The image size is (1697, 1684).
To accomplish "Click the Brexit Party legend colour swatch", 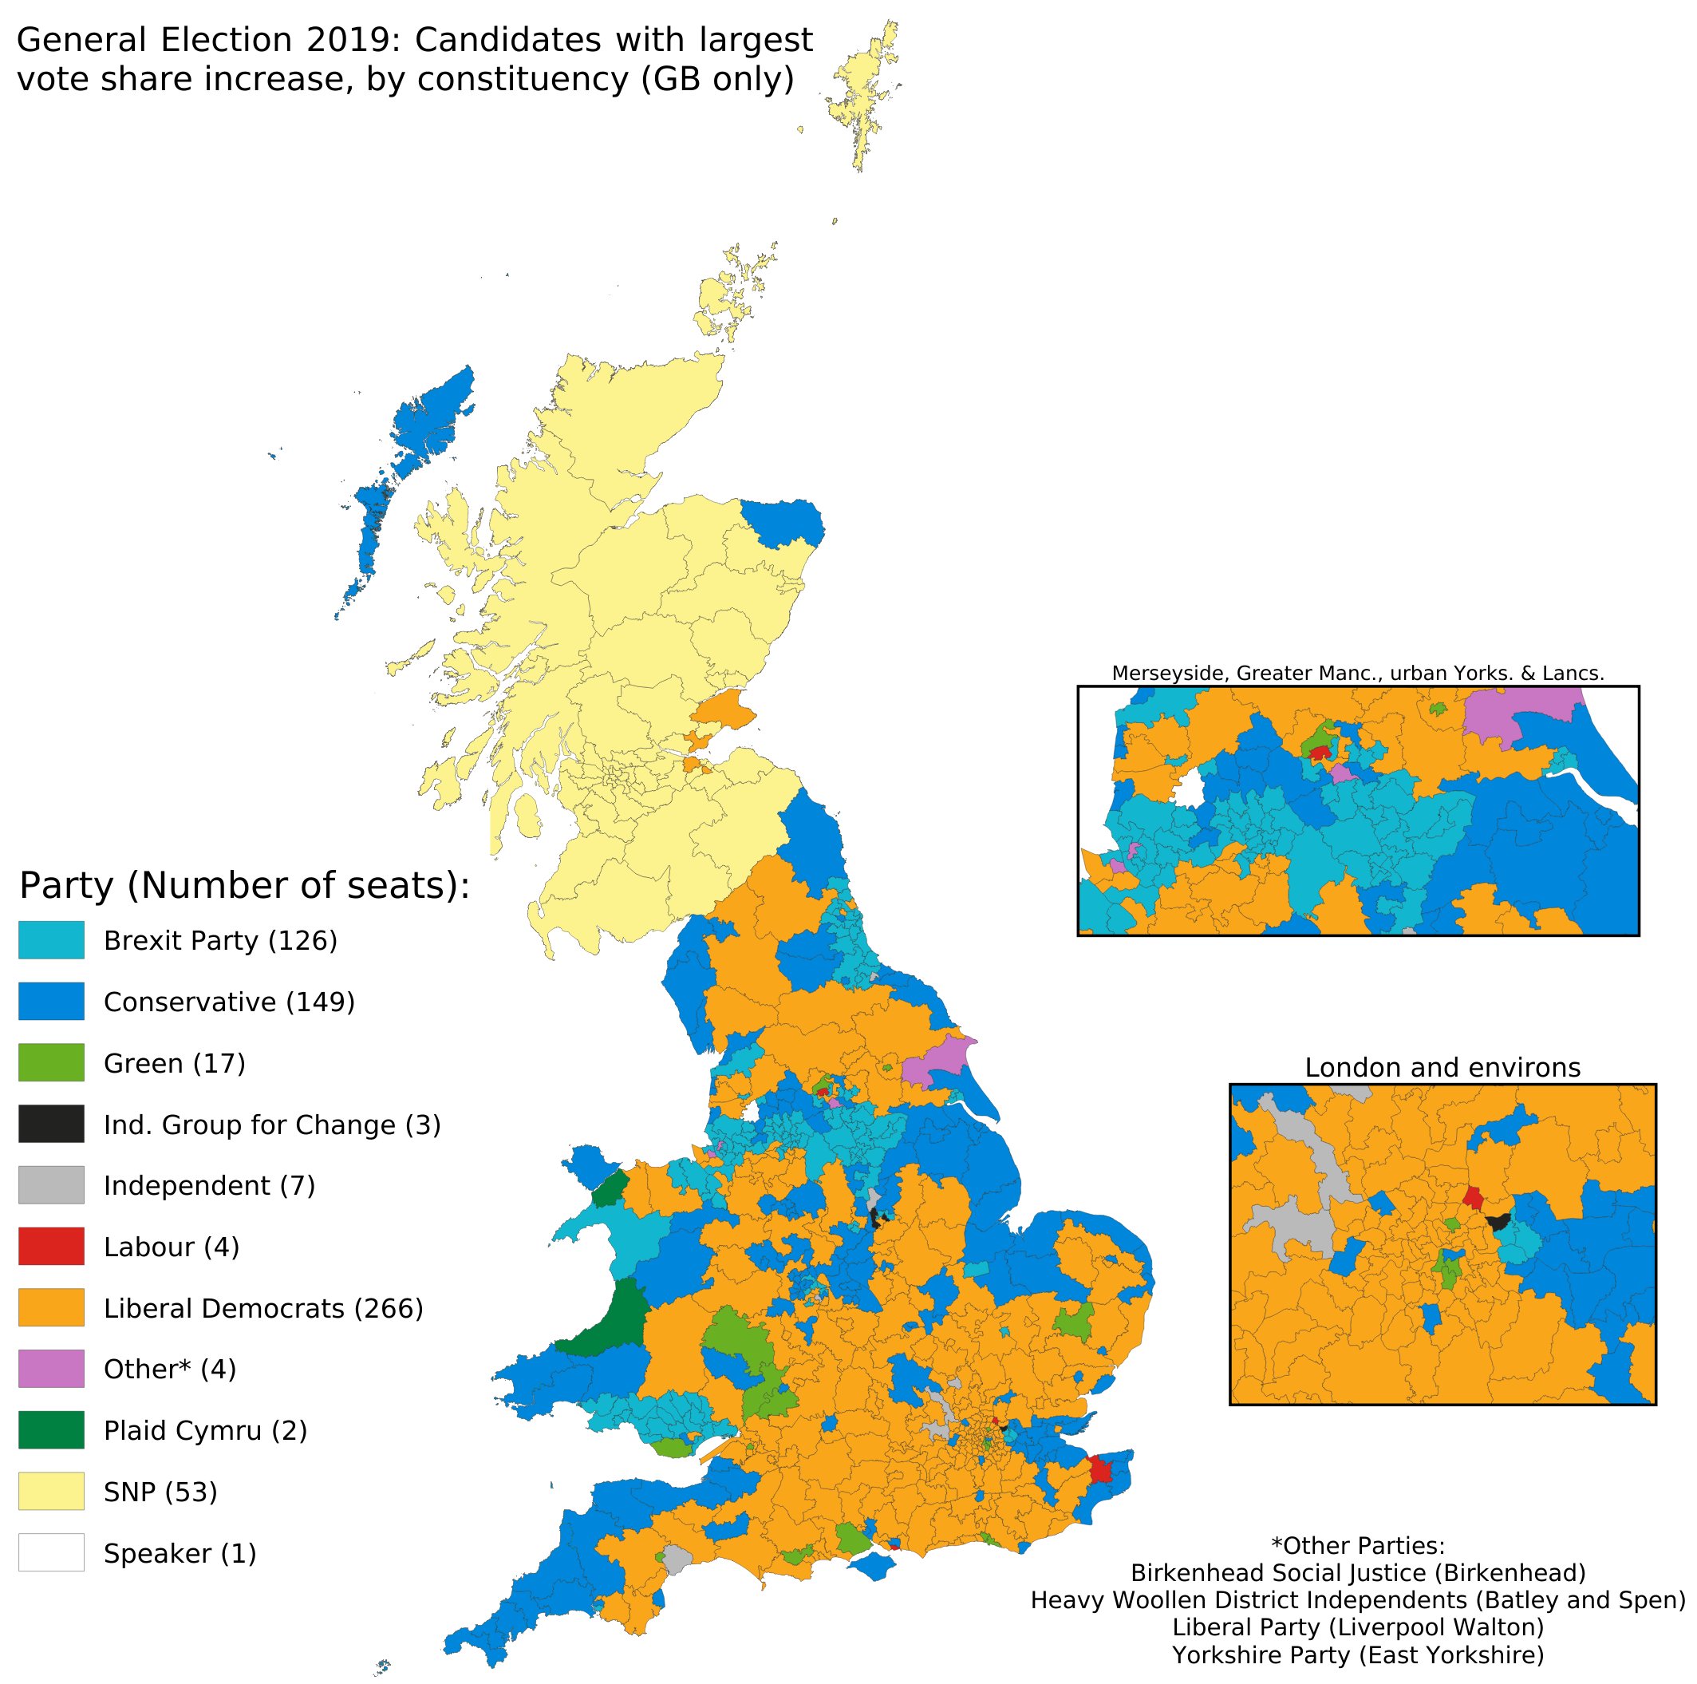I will coord(51,940).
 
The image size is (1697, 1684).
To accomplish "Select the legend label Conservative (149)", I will coord(228,1002).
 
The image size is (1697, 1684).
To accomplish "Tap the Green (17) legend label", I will coord(174,1064).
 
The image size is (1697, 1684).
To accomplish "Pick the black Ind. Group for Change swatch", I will coord(51,1124).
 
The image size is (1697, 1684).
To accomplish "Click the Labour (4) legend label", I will coord(172,1247).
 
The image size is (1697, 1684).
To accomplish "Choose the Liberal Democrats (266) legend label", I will coord(262,1309).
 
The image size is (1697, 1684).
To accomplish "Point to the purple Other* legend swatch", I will coord(51,1369).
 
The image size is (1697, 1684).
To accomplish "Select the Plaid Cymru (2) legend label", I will coord(205,1431).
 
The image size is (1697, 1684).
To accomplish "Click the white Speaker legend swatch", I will coord(51,1552).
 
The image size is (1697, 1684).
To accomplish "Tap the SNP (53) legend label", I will coord(160,1492).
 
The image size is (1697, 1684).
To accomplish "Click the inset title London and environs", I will coord(1442,1068).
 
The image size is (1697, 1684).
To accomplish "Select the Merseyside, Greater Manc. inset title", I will coord(1357,674).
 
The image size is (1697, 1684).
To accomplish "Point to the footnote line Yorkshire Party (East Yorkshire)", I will coord(1357,1655).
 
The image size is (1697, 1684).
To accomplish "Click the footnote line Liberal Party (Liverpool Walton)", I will coord(1357,1627).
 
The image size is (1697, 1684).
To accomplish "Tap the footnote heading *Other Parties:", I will coord(1357,1546).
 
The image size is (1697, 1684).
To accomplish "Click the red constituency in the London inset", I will coord(1473,1197).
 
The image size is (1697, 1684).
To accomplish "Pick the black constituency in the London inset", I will coord(1498,1221).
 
